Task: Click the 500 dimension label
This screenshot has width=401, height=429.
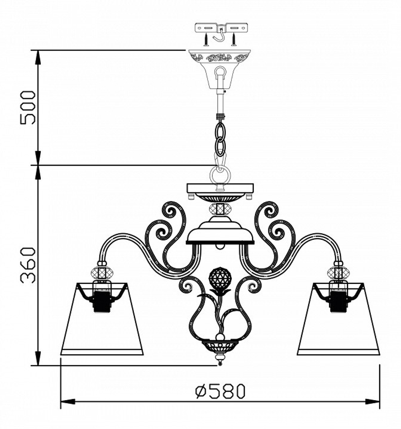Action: point(28,107)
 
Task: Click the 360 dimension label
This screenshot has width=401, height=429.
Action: point(28,265)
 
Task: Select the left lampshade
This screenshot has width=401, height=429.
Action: point(102,319)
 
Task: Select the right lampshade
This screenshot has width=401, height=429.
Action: point(338,319)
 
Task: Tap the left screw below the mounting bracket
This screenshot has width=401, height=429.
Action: point(206,39)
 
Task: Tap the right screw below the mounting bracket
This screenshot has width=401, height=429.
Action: point(234,39)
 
